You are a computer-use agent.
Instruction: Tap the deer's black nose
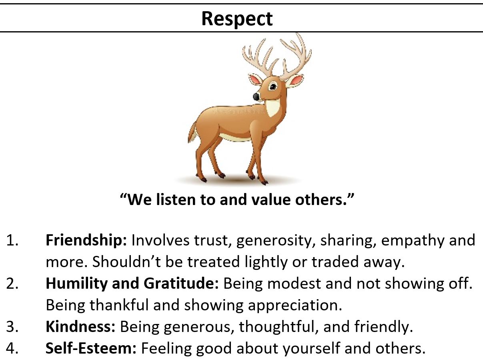click(x=256, y=97)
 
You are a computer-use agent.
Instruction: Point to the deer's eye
click(x=273, y=86)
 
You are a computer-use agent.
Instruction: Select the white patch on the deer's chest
click(x=273, y=108)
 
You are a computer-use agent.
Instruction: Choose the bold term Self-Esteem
click(x=91, y=348)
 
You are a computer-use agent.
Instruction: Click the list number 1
click(x=12, y=241)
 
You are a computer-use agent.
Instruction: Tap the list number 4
click(x=12, y=348)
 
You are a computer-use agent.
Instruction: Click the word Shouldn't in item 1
click(x=126, y=262)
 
